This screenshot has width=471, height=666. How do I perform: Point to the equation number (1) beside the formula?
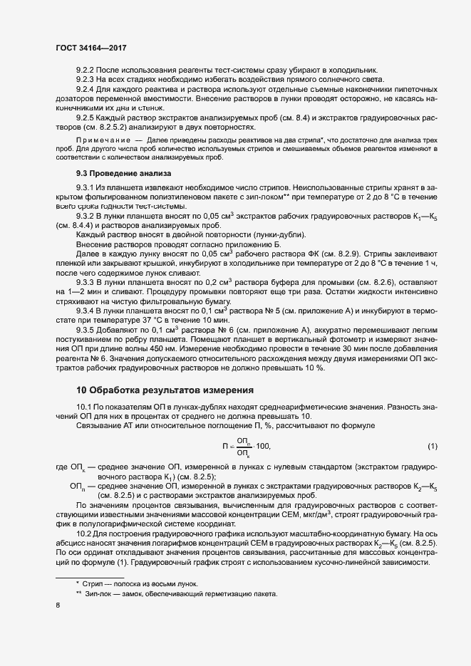pyautogui.click(x=432, y=446)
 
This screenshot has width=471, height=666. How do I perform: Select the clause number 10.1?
pyautogui.click(x=83, y=406)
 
